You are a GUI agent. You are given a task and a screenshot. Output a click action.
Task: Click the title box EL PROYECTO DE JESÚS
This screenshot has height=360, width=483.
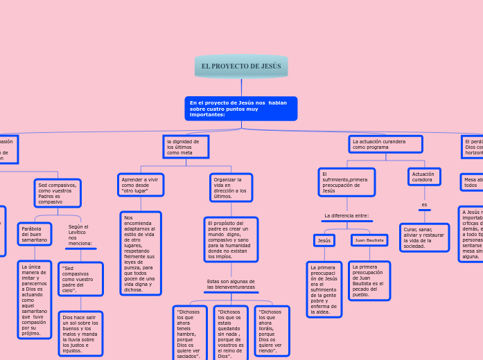point(241,66)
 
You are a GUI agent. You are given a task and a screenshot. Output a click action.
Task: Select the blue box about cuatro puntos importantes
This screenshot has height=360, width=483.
point(240,109)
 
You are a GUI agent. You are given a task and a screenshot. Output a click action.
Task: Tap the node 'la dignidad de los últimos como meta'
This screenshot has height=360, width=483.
point(186,147)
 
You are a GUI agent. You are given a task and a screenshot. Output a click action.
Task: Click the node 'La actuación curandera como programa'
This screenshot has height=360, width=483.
point(385,144)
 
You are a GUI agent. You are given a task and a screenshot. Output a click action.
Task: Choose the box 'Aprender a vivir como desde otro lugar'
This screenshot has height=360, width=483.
point(141,185)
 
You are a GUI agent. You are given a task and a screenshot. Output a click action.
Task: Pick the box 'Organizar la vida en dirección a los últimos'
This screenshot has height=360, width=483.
point(231,188)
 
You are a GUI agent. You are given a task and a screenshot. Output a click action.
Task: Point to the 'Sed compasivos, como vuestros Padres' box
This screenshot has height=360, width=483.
point(58,194)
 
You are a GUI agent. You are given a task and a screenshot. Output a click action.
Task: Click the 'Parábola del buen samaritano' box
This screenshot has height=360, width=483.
point(35,234)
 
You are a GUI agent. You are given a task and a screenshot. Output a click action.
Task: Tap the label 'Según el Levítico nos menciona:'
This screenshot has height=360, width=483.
point(80,235)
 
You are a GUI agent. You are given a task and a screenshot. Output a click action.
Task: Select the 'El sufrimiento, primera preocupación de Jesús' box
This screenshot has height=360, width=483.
point(346,182)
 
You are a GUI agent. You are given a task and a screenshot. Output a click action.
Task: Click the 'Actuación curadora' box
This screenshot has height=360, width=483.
point(424,177)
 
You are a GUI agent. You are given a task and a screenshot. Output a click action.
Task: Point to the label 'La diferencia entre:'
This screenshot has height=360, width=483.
point(346,216)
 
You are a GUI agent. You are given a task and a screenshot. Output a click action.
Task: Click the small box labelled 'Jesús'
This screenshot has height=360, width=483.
point(324,240)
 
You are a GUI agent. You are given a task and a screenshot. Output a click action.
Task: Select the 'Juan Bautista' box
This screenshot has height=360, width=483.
point(369,240)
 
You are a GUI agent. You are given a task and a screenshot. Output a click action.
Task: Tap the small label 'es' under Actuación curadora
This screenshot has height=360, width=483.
point(424,204)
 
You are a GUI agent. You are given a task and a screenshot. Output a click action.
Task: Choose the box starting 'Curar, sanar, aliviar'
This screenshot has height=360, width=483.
point(424,237)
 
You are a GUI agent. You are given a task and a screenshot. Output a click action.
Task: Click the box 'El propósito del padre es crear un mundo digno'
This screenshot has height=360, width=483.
point(231,240)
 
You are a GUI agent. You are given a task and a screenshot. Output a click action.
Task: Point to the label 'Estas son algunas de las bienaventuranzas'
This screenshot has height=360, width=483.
point(231,285)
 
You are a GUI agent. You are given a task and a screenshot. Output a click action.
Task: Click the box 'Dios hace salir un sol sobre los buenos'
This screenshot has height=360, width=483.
point(80,334)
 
